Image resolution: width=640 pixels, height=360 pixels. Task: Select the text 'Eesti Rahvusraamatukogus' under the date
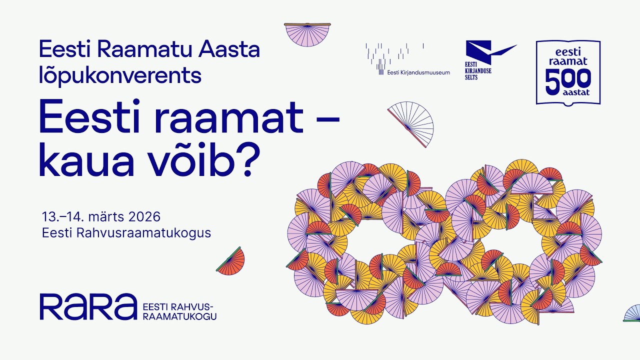(126, 233)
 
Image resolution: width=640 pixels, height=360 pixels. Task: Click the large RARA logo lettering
(88, 306)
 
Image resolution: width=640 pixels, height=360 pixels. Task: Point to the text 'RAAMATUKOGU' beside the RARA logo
(179, 316)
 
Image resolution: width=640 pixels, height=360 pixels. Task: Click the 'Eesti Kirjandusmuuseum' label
(418, 72)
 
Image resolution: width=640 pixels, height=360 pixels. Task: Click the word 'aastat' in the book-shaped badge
(568, 93)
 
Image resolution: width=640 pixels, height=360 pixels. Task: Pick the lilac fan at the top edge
(307, 33)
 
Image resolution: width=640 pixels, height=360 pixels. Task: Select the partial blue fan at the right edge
(633, 314)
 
